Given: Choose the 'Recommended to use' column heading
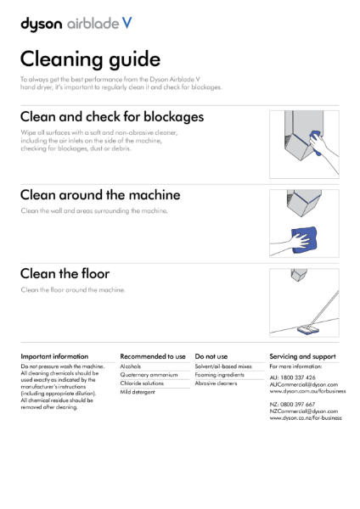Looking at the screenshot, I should [x=153, y=356].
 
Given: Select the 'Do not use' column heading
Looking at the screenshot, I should [x=211, y=356].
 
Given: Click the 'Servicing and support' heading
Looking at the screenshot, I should [x=302, y=356].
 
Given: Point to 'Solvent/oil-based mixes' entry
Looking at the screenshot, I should [x=224, y=366].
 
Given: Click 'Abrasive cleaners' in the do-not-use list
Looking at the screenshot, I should [x=216, y=384].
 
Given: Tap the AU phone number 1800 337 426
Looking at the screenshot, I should [x=299, y=377].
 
